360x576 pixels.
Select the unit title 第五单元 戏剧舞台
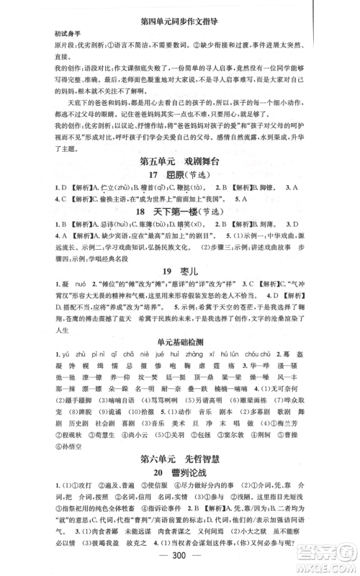point(179,161)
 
